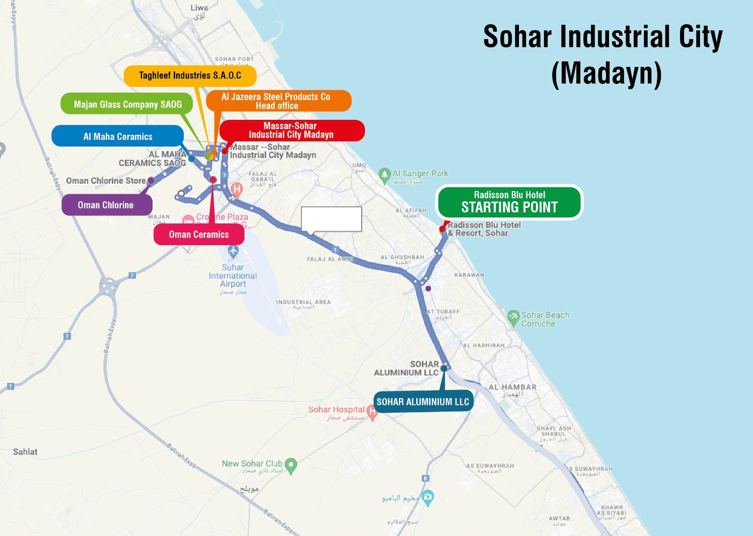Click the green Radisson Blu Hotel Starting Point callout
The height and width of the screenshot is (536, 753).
coord(509,202)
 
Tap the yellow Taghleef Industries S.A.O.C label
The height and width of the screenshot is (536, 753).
coord(190,75)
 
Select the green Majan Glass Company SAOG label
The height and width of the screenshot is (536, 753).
coord(127,104)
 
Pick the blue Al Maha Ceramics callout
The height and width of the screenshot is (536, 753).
coord(118,136)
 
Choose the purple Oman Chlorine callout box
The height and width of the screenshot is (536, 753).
coord(106,205)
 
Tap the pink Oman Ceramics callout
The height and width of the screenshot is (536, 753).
coord(199,235)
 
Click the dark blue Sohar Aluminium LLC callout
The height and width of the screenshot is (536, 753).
coord(423,402)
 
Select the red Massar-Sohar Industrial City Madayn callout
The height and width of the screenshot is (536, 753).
coord(291,130)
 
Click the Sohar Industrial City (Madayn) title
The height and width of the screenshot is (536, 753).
coord(603,55)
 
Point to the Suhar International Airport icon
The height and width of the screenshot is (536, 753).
coord(233,251)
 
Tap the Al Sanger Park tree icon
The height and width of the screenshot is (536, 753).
coord(385,175)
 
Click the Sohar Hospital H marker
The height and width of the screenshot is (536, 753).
coord(372,412)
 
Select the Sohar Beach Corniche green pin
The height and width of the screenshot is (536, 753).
coord(513,317)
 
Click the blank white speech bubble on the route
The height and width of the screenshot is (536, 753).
coord(331,219)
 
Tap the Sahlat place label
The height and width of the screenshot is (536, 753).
coord(25,452)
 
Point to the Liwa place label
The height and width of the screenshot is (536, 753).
coord(199,8)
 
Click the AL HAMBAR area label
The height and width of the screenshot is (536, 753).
coord(512,387)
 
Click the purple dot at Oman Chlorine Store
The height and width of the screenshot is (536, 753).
coord(151,181)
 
